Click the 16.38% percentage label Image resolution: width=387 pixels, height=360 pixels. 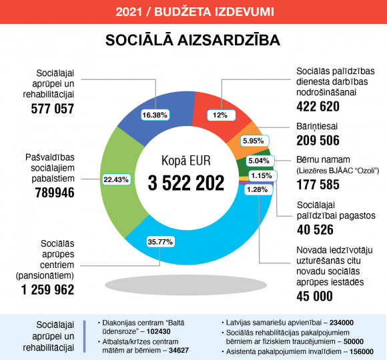pyautogui.click(x=155, y=115)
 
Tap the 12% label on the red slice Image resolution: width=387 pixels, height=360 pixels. pyautogui.click(x=221, y=115)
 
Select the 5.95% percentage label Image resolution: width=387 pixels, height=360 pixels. pyautogui.click(x=254, y=141)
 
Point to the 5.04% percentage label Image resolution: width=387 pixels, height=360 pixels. pyautogui.click(x=260, y=161)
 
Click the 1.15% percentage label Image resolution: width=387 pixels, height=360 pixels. pyautogui.click(x=263, y=176)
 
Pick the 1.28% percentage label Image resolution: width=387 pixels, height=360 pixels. pyautogui.click(x=259, y=189)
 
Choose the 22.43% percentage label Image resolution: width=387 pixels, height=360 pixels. pyautogui.click(x=116, y=179)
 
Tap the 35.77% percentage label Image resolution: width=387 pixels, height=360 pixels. pyautogui.click(x=160, y=241)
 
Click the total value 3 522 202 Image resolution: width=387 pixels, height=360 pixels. pyautogui.click(x=186, y=183)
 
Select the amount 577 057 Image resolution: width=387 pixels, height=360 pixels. pyautogui.click(x=53, y=109)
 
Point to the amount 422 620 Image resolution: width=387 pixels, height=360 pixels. pyautogui.click(x=318, y=107)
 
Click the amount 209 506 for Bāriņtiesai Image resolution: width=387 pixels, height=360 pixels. pyautogui.click(x=318, y=140)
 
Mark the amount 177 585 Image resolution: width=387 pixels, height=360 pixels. pyautogui.click(x=318, y=185)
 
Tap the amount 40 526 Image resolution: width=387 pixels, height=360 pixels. pyautogui.click(x=315, y=229)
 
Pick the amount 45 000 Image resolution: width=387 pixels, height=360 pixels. pyautogui.click(x=315, y=296)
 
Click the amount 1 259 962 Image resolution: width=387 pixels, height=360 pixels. pyautogui.click(x=47, y=289)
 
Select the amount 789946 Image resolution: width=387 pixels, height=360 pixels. pyautogui.click(x=55, y=193)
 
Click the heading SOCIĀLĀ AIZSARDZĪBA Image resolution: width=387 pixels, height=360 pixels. pyautogui.click(x=193, y=40)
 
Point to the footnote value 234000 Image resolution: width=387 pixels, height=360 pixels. pyautogui.click(x=342, y=323)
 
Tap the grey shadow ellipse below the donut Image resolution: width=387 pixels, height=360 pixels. pyautogui.click(x=186, y=285)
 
